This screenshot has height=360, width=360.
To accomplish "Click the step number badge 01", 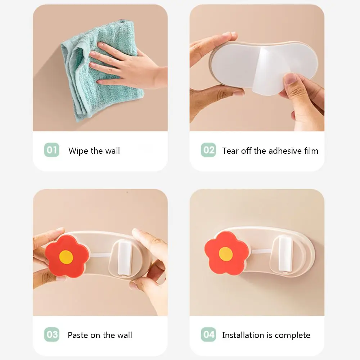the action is coord(51,150).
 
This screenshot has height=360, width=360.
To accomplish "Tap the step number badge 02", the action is coord(208,150).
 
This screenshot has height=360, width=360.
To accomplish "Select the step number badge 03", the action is coord(51,334).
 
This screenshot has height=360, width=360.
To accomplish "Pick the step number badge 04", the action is coord(208,334).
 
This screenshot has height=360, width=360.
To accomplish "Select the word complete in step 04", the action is coord(292,336).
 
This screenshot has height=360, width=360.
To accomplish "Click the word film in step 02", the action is coord(311,151).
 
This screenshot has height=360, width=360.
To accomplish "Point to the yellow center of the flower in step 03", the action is coord(66,257).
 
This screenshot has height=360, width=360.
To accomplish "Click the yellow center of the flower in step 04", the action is coord(226,254).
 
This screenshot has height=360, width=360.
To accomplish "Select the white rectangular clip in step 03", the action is coord(125,257).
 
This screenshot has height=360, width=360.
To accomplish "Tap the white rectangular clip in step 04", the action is coord(285,255).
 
